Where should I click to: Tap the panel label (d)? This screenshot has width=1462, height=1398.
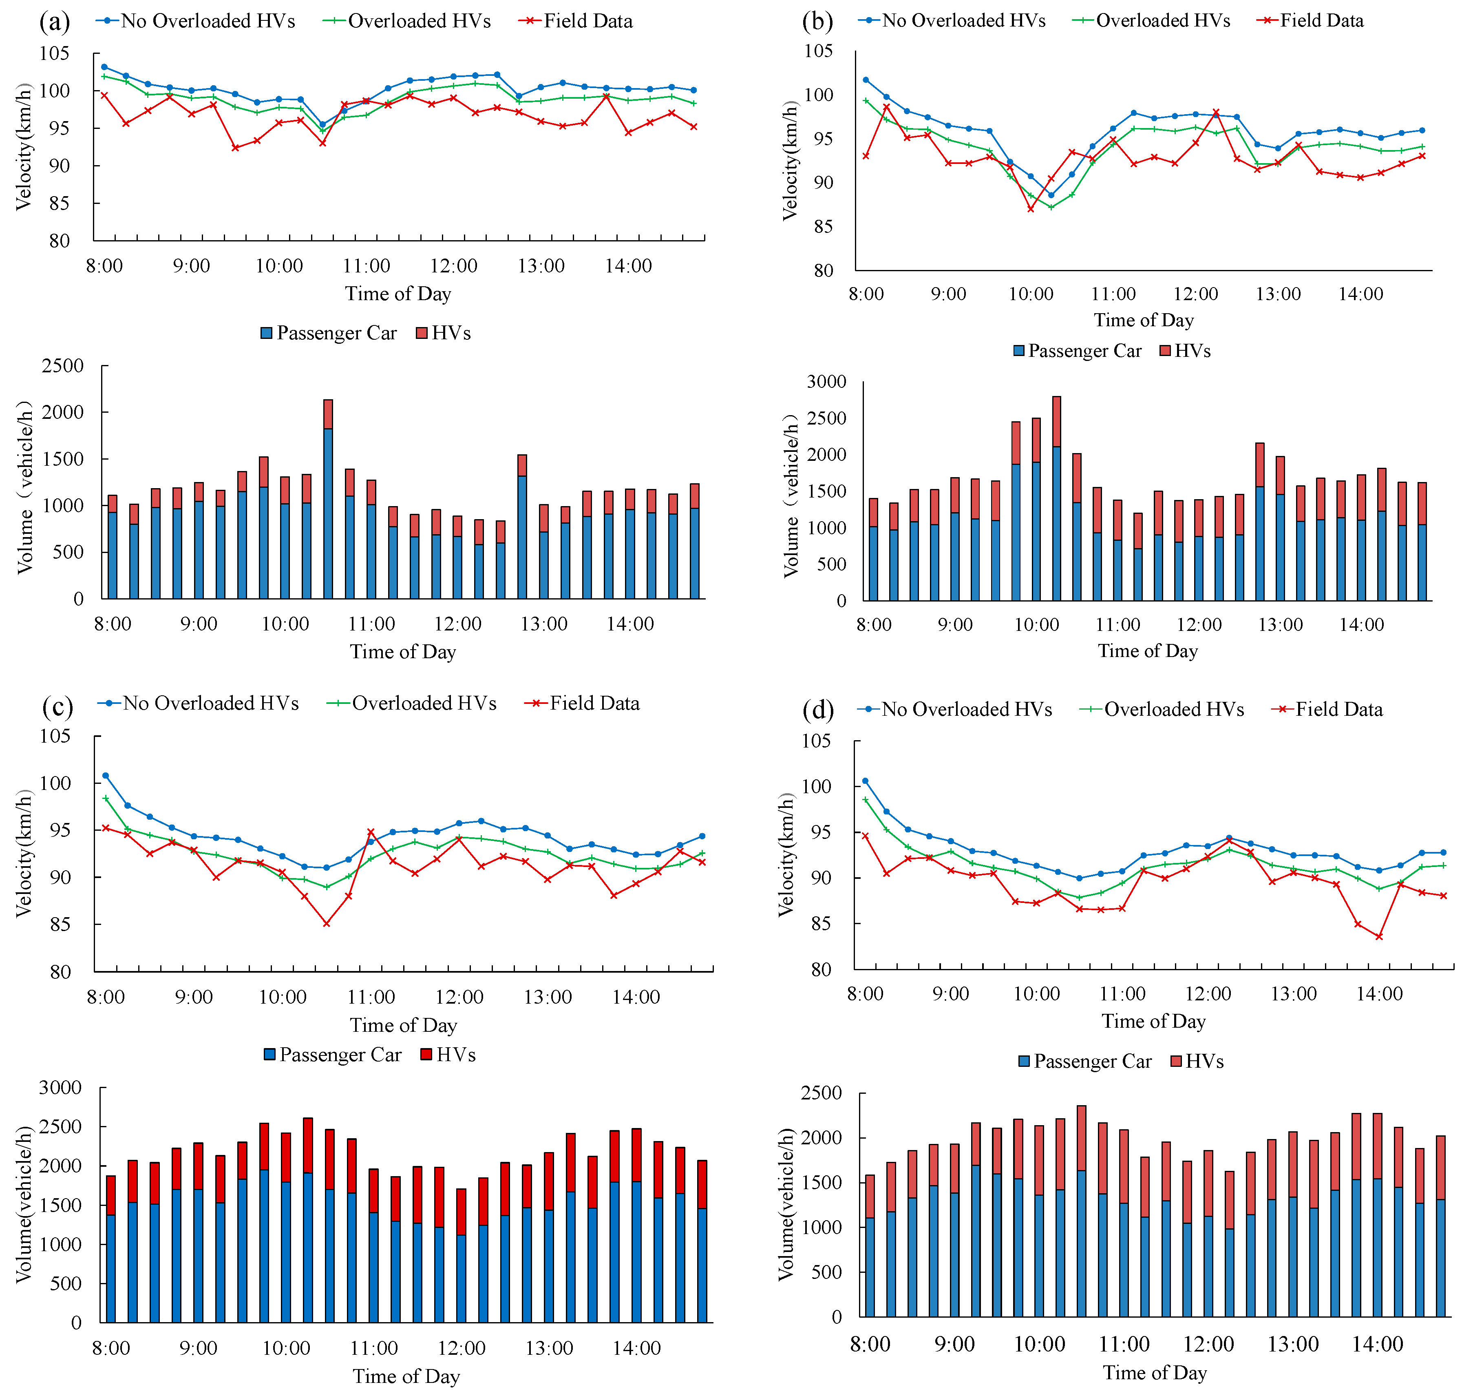[817, 710]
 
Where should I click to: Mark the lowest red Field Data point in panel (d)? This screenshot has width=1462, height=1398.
[1379, 937]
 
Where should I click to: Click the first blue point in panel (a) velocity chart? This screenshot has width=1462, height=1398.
[104, 67]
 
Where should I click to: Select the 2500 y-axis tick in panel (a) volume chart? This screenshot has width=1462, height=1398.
[63, 366]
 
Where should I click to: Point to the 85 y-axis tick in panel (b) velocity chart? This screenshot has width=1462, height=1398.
[824, 226]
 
